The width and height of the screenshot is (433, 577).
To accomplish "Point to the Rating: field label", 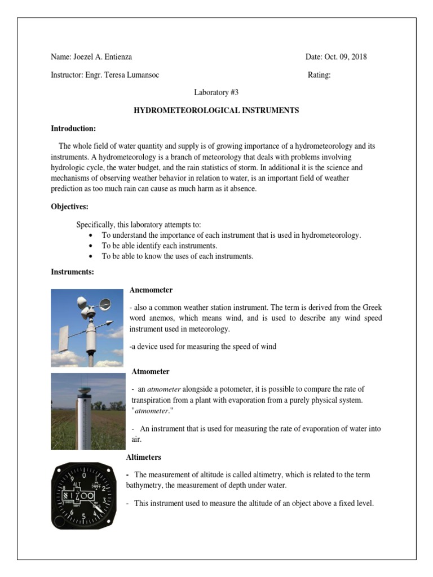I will [319, 75].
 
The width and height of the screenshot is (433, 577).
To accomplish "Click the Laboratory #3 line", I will [216, 92].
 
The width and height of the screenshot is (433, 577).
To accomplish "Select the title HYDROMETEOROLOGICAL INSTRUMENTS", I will [216, 110].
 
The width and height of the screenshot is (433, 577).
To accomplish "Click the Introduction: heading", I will [73, 128].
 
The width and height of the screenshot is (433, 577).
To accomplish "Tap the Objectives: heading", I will [70, 207].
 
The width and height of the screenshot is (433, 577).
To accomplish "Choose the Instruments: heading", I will [72, 272].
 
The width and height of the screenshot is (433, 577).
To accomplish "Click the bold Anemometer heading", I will [151, 290].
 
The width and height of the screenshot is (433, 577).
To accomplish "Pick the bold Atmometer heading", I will [151, 372].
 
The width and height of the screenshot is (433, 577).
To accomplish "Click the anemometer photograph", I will [87, 328].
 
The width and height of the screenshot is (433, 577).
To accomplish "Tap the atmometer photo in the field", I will [88, 411].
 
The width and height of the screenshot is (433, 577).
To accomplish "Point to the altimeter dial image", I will [87, 496].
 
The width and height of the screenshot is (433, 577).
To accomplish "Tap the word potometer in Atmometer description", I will [225, 389].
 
